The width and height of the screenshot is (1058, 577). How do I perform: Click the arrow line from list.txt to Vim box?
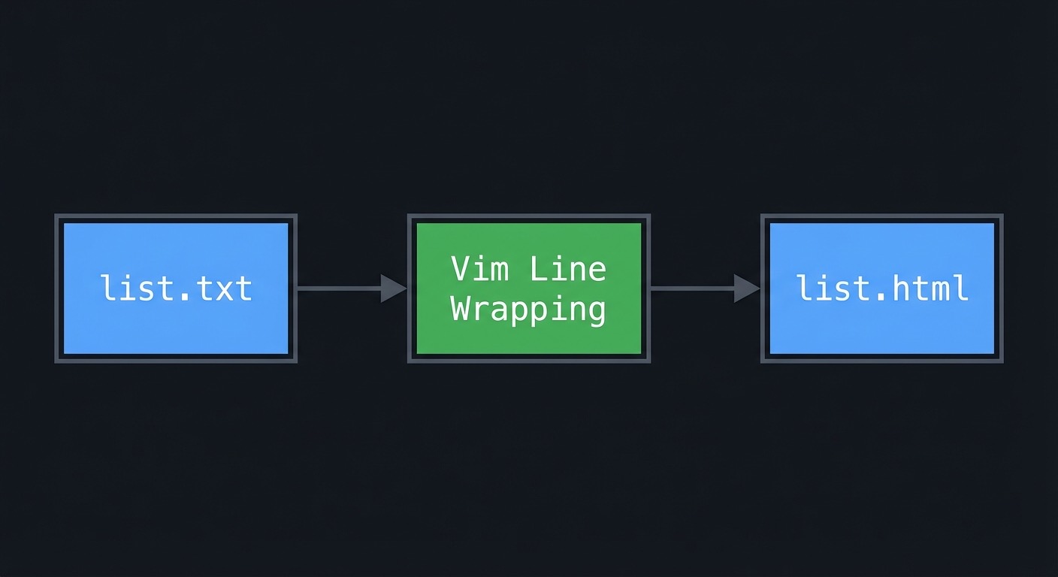[338, 288]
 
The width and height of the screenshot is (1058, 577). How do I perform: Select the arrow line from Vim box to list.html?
[691, 288]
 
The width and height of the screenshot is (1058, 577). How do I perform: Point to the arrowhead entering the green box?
[393, 288]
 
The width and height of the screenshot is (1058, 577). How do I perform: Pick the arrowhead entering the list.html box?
[746, 288]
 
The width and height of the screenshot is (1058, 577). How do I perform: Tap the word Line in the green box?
[567, 268]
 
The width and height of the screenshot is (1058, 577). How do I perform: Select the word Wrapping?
[528, 309]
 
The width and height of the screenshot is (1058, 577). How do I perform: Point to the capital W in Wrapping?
[460, 307]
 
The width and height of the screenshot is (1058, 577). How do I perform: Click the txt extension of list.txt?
[223, 288]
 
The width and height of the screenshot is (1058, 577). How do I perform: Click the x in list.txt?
[223, 291]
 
